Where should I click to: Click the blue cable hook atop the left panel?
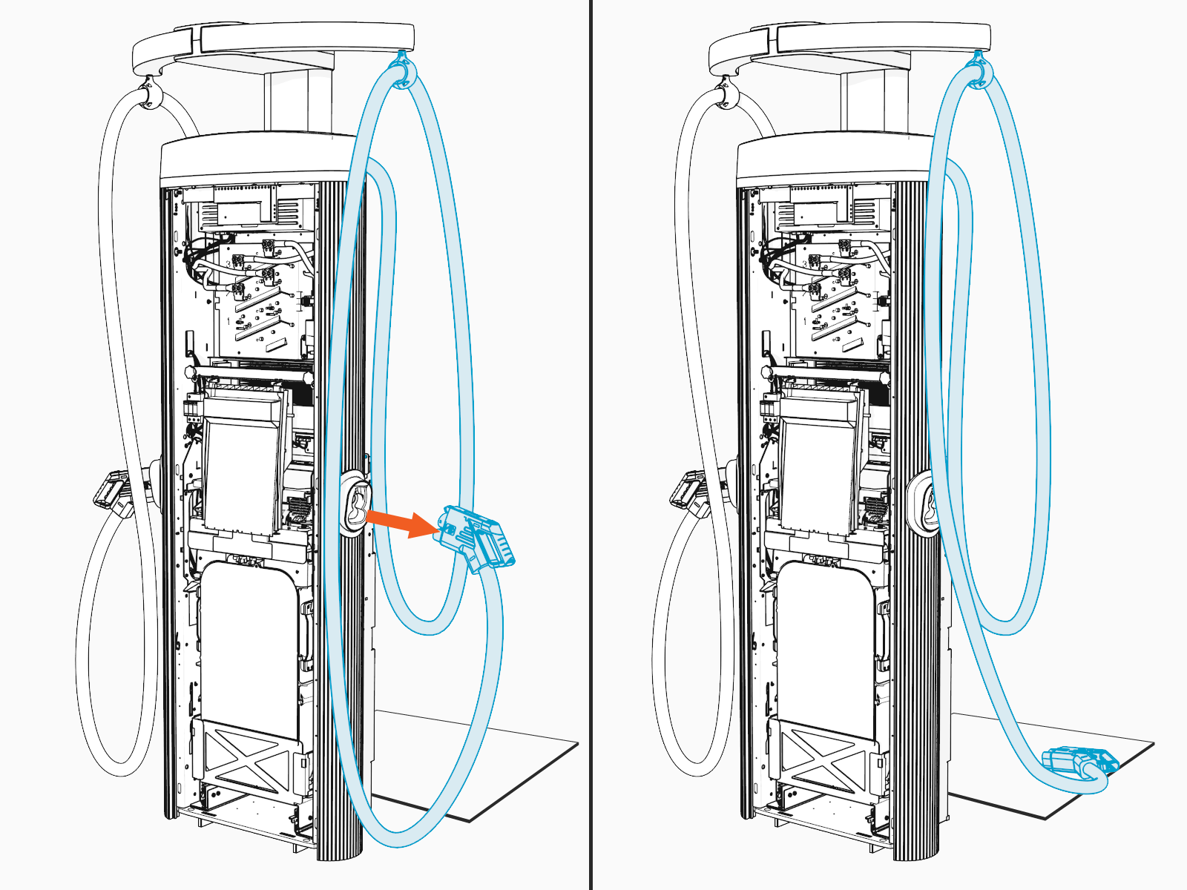(402, 70)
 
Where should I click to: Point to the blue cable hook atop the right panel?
(979, 70)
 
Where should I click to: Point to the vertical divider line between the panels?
(591, 445)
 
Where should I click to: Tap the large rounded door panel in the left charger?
(249, 638)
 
